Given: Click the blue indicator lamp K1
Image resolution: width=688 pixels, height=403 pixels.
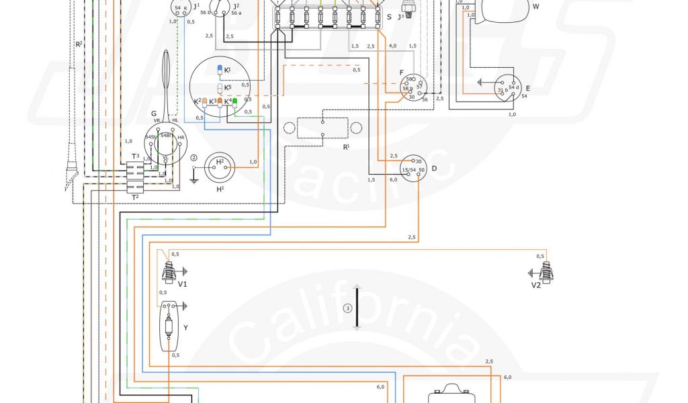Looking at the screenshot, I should (x=219, y=70).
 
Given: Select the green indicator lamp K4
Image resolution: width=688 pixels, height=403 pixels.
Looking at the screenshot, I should (x=235, y=101).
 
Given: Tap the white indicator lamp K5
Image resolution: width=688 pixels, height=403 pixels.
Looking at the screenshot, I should (x=219, y=87).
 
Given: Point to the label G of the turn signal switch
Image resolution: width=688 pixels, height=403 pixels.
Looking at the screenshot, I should (x=154, y=114).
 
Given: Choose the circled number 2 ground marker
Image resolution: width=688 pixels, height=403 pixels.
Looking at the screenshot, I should (x=194, y=159).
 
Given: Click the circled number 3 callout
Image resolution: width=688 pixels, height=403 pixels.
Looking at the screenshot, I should (x=347, y=308).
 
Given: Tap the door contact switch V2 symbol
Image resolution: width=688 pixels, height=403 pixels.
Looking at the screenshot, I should (x=546, y=272).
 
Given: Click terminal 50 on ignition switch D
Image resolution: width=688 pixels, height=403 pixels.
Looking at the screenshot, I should (x=422, y=171).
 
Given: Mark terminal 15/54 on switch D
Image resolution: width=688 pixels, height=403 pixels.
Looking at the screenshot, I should (x=408, y=171).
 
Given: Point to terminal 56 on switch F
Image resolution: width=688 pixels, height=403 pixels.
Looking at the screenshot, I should (x=424, y=99).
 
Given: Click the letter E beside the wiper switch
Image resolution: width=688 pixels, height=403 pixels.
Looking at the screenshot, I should (x=527, y=88).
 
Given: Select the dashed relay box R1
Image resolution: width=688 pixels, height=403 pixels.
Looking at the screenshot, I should (x=322, y=128).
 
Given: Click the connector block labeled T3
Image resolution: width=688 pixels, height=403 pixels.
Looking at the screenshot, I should (x=135, y=156).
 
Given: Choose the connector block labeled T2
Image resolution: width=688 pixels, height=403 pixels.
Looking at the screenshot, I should (x=135, y=197).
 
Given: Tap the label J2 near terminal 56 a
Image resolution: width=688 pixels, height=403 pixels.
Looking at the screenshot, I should (x=236, y=6).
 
